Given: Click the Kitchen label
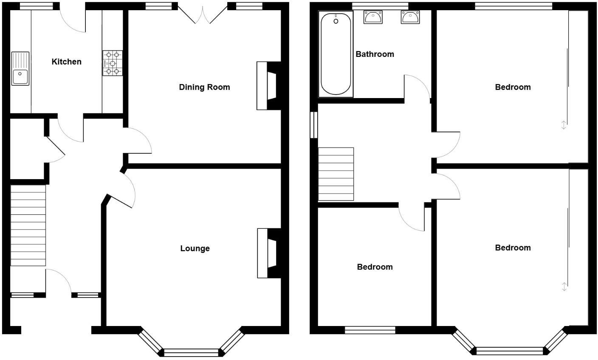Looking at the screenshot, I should point(66,62).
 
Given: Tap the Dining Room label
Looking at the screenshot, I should point(204,87).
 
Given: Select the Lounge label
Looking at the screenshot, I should point(195,249).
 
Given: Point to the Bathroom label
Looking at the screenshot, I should point(375,54).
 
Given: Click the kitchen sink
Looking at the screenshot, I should point(20,68).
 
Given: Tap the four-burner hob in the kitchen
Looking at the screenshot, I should point(112,63).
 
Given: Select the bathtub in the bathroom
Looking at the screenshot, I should point(336,54).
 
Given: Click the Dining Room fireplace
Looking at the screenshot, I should point(268,86).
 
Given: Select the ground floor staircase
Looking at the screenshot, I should point(28,225).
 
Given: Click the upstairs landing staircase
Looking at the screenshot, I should point(336,174).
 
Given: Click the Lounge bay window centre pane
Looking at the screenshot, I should point(191,352).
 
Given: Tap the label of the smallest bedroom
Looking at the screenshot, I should point(375,267).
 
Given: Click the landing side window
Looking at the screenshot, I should point(313,125).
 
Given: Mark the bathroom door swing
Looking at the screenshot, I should point(417,87).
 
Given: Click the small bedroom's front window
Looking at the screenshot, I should point(370,330).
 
